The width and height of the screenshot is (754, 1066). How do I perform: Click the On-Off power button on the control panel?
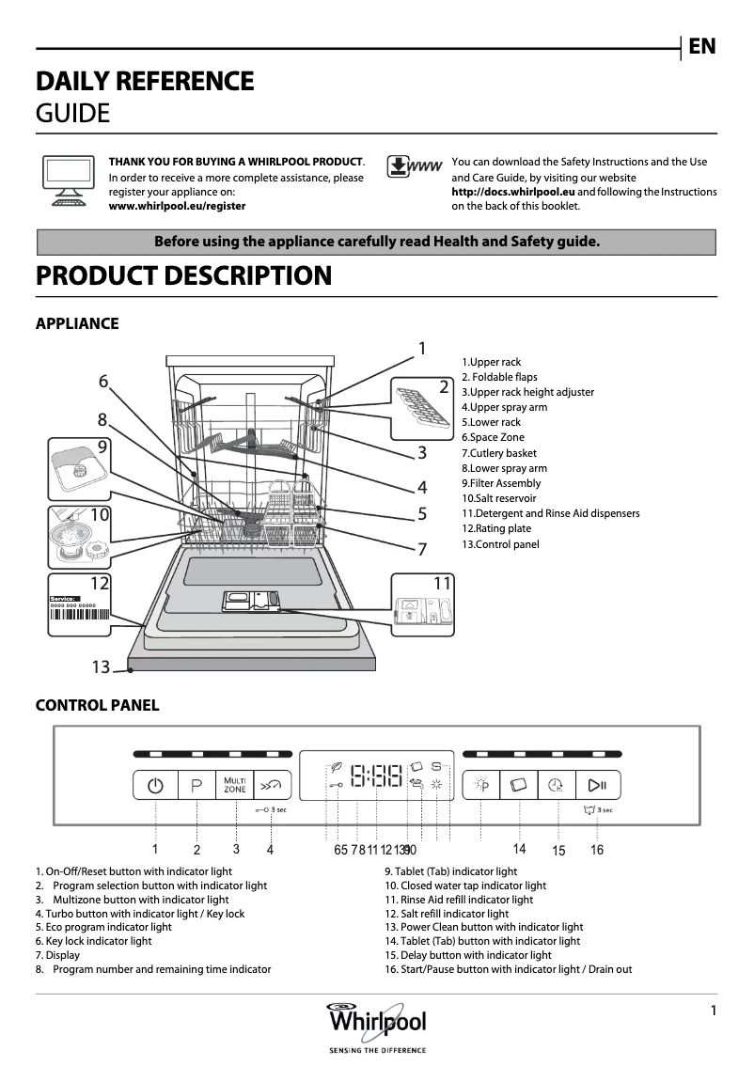pos(155,785)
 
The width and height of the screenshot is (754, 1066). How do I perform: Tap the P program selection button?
pos(196,785)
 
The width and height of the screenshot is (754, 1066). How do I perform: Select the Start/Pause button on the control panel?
pos(597,785)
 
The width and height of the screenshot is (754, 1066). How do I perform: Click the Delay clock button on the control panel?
pos(558,785)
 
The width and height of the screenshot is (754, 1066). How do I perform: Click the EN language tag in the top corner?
pos(701,46)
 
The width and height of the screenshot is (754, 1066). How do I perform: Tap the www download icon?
pos(414,167)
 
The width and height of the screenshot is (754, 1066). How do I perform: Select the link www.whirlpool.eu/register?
pos(177,206)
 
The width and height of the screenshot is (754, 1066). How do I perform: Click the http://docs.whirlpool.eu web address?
pos(513,192)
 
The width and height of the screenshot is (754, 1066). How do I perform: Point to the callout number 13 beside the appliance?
pos(101,667)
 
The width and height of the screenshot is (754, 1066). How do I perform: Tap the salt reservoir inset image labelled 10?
pos(79,537)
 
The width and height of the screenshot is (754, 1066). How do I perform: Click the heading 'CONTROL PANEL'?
pos(97,706)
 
